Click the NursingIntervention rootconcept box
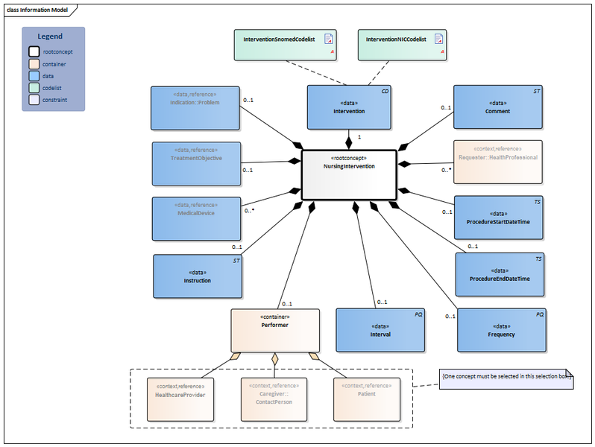point(348,174)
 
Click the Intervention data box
point(349,107)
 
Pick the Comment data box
point(498,107)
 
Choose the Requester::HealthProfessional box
point(498,162)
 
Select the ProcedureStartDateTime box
point(498,218)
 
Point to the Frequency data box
point(500,330)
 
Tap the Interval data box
point(380,330)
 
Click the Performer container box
point(274,330)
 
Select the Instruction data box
point(198,276)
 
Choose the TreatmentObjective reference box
point(196,163)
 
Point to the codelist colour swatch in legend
point(34,87)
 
